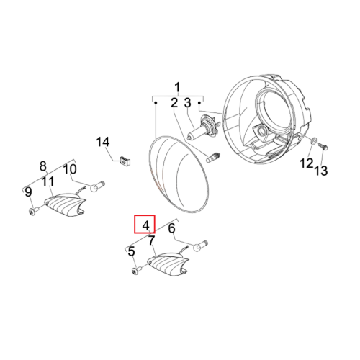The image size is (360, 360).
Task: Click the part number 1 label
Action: (x=177, y=88)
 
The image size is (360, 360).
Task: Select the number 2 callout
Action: (x=174, y=103)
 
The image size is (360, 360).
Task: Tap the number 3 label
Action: (x=187, y=103)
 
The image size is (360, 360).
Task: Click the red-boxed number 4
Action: (x=145, y=225)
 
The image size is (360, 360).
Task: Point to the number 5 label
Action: (x=131, y=251)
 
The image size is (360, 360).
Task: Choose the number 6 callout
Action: (x=171, y=228)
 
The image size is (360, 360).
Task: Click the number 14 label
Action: (x=103, y=142)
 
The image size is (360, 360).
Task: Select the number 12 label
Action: (x=307, y=163)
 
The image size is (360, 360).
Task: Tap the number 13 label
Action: (x=321, y=171)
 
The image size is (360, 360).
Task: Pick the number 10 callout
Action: (x=70, y=169)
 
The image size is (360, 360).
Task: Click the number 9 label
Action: (x=28, y=192)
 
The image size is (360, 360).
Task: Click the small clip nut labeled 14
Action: (x=125, y=161)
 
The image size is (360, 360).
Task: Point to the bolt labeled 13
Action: (x=323, y=146)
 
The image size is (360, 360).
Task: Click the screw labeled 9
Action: (x=32, y=211)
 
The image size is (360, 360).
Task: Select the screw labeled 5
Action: (x=137, y=270)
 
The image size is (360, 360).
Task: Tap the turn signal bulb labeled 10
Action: (x=97, y=186)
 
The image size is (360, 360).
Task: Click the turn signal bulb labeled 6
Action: (x=200, y=246)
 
